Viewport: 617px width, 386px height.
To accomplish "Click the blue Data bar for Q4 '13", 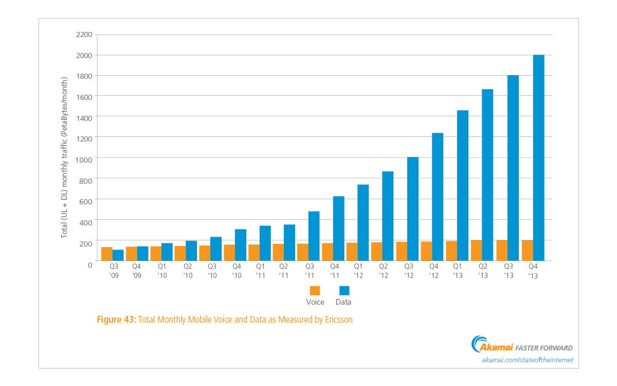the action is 538,157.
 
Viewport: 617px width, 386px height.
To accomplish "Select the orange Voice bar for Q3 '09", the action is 107,254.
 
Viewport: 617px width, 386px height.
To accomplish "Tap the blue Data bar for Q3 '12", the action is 412,209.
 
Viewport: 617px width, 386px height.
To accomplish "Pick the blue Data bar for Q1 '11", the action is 265,243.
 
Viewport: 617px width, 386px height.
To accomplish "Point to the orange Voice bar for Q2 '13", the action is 477,250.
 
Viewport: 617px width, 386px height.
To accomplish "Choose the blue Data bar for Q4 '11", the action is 338,229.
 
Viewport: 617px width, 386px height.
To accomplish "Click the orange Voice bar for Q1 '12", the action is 352,252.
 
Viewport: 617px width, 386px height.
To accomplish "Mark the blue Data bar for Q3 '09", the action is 118,255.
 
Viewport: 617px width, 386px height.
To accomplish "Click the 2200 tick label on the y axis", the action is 84,35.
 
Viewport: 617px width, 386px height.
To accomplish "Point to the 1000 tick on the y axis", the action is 84,160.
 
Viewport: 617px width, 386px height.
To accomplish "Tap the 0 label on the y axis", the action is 90,265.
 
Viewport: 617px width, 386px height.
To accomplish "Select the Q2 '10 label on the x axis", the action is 188,271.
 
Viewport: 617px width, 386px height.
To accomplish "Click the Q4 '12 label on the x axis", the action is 433,271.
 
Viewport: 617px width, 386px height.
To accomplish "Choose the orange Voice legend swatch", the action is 315,291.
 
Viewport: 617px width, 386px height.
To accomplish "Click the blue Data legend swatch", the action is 344,291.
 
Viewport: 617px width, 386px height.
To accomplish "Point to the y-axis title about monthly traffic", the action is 64,157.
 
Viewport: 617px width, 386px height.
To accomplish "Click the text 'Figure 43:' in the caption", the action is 117,320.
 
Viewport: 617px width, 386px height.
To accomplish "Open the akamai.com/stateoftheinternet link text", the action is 528,360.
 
